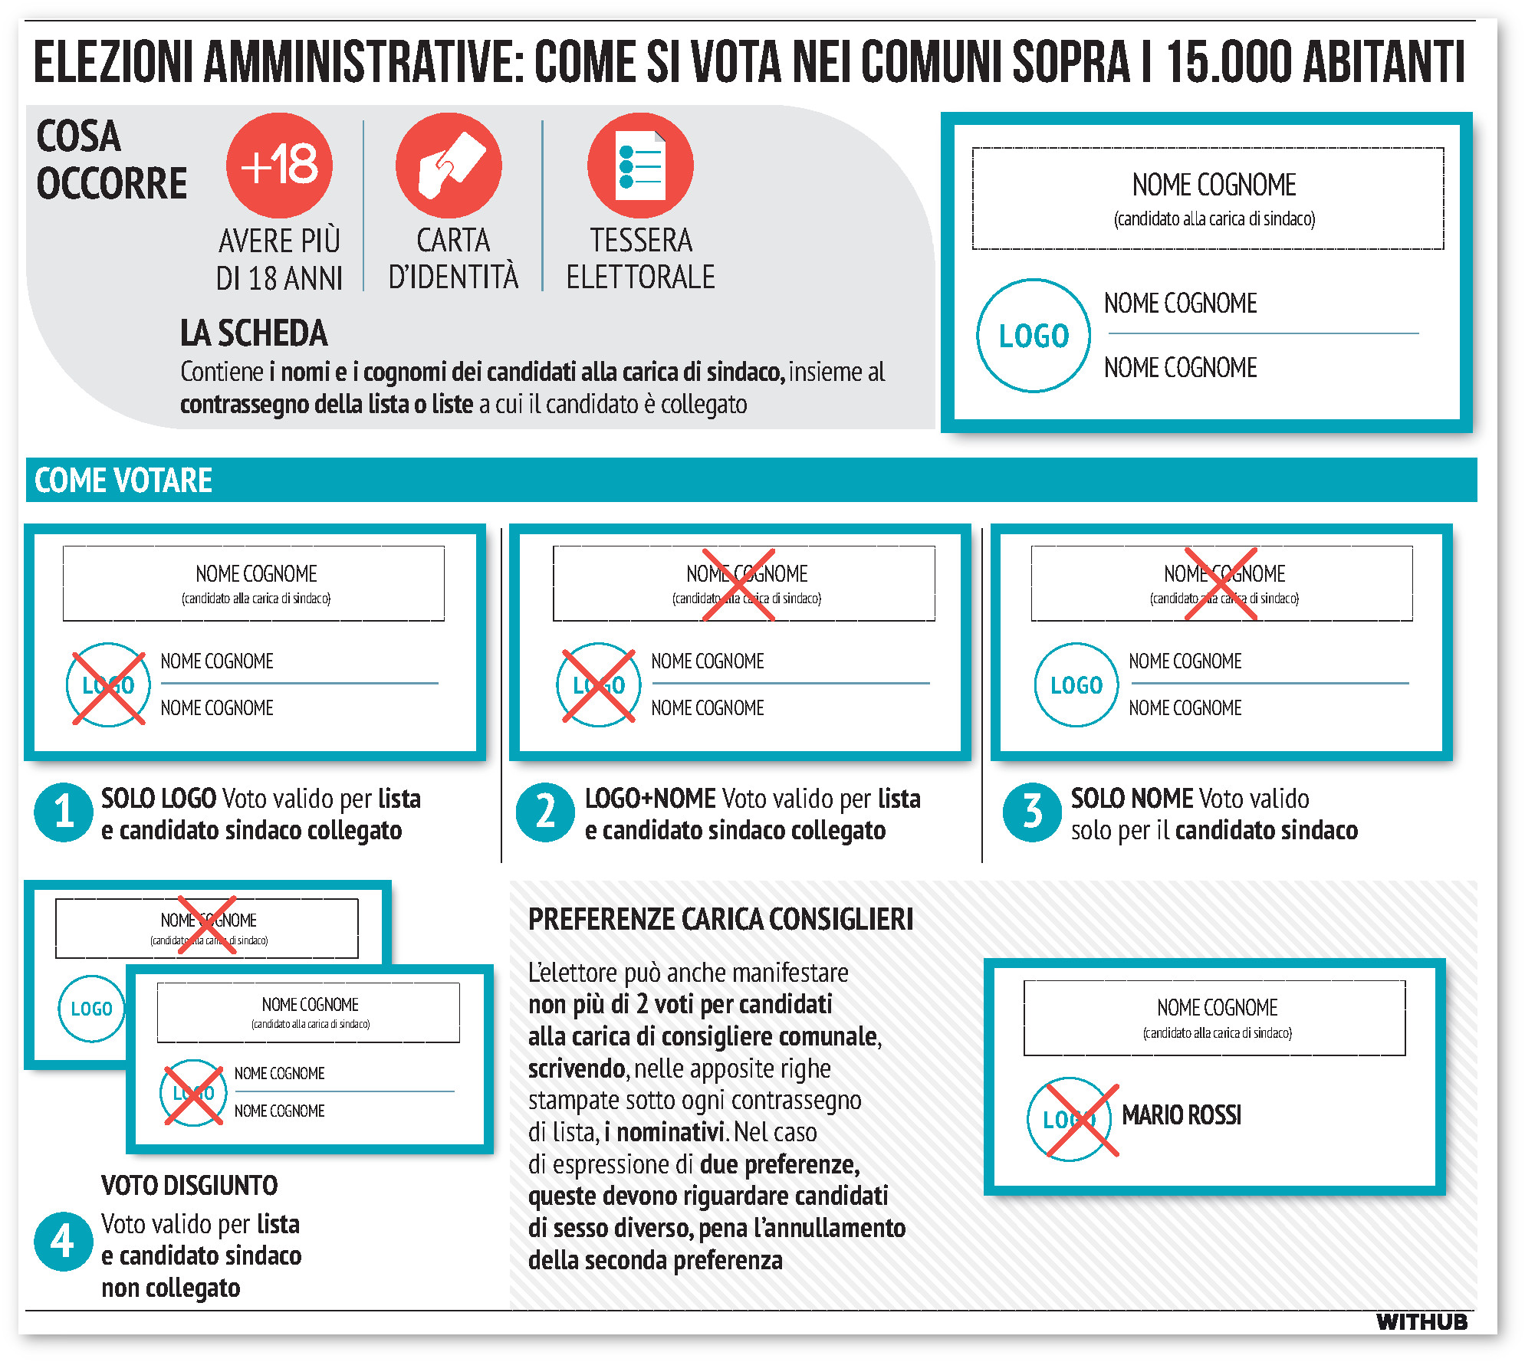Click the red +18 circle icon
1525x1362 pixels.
coord(279,165)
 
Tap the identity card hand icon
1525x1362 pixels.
coord(449,165)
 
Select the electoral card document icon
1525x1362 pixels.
coord(640,165)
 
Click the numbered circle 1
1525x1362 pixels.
coord(64,812)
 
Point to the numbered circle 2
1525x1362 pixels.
coord(545,812)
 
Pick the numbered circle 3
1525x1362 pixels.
coord(1032,812)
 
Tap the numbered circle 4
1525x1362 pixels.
coord(64,1241)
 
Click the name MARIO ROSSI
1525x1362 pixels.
coord(1181,1115)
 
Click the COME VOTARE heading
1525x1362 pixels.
coord(123,481)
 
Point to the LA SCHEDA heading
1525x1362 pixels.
coord(254,333)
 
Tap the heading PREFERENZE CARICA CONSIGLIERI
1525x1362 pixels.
coord(720,919)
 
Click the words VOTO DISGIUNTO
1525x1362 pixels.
coord(189,1186)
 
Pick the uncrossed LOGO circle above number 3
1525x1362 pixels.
coord(1076,684)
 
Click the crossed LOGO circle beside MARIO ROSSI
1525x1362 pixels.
coord(1071,1120)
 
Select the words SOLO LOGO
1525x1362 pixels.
coord(159,799)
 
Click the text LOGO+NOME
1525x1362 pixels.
coord(650,799)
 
